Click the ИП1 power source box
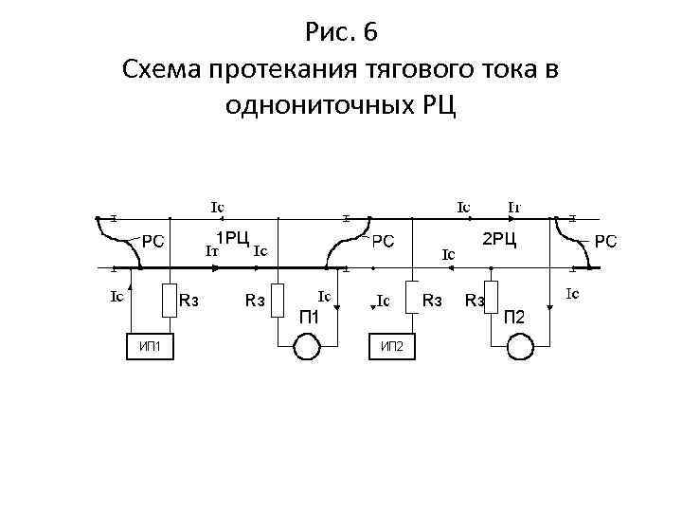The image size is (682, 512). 150,346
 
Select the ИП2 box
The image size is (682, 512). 391,346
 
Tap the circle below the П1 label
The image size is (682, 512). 308,348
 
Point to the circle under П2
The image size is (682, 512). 521,348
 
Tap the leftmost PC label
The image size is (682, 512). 153,241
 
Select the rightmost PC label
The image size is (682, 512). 606,241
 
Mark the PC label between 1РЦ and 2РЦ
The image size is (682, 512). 383,241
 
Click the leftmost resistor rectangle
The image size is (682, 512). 169,301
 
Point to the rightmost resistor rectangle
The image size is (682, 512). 491,301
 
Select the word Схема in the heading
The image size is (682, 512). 160,69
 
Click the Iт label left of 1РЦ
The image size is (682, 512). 213,252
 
